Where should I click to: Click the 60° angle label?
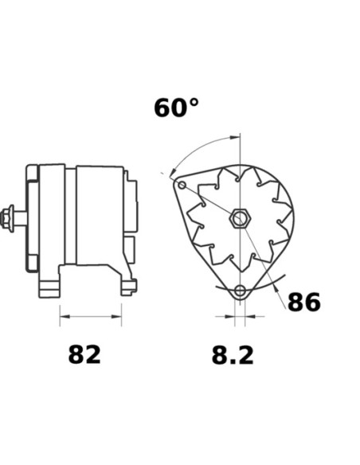pos(176,107)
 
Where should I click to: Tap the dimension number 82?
pos(84,354)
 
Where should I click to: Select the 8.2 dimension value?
pos(233,355)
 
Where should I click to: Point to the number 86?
pos(304,302)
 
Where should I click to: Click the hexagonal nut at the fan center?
pos(240,218)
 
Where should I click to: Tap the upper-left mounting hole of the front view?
pos(182,186)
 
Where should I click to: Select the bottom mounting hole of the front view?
pos(240,291)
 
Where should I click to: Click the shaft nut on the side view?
pos(8,218)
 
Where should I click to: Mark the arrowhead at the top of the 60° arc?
pos(235,137)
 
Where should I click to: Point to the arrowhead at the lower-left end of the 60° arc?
pos(173,172)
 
